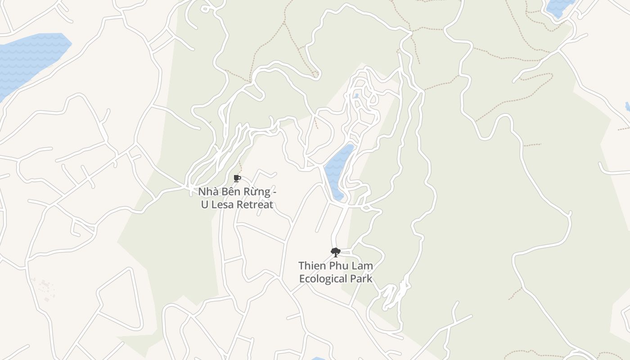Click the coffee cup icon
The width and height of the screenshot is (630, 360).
point(237,179)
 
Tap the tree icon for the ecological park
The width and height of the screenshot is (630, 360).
point(335,252)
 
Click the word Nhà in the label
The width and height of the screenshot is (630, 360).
point(208,192)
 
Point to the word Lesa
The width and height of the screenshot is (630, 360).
point(222,205)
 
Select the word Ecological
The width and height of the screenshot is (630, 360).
point(323,279)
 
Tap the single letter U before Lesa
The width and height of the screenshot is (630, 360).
point(204,205)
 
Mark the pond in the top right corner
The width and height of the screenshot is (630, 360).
point(558,7)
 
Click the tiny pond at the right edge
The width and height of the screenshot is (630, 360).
point(628,107)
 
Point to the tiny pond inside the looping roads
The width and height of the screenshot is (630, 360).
point(356,96)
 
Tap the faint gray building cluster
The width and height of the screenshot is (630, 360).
point(45,288)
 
